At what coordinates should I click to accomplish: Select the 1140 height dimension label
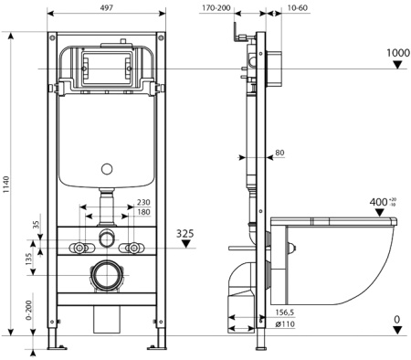click(8, 186)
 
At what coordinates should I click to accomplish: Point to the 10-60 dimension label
click(297, 7)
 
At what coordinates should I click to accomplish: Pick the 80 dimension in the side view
click(279, 153)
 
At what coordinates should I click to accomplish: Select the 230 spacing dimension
click(142, 203)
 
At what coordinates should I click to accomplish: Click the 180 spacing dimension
click(142, 214)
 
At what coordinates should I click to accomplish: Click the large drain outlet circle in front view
click(107, 275)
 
